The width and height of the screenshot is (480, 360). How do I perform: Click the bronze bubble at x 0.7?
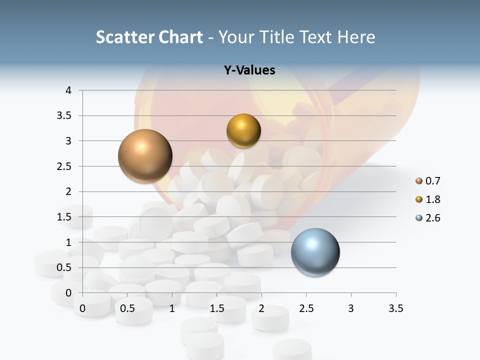click(145, 156)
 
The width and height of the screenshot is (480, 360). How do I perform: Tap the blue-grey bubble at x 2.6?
click(315, 252)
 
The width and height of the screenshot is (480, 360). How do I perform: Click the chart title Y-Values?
click(249, 70)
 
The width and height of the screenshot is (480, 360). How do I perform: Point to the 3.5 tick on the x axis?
click(395, 308)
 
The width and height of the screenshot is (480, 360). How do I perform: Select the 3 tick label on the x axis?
click(351, 308)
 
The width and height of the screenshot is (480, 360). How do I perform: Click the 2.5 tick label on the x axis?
click(306, 308)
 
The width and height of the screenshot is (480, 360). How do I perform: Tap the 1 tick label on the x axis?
click(172, 308)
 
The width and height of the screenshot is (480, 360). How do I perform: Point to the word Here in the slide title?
click(356, 37)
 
